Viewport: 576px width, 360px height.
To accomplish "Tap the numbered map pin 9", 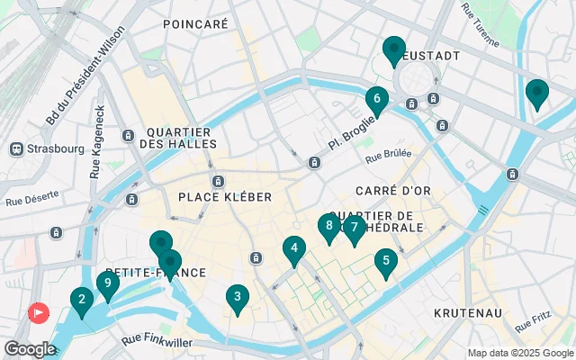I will (108, 284).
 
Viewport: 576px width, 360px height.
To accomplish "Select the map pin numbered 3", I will (237, 297).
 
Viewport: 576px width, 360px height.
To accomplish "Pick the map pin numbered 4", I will (293, 248).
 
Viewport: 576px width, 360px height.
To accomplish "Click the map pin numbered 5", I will (386, 262).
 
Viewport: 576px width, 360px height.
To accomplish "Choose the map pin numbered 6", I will (377, 99).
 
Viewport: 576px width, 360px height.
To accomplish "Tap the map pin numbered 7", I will (355, 228).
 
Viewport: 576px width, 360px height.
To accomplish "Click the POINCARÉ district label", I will (196, 25).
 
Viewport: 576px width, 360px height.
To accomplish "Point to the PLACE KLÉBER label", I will (225, 196).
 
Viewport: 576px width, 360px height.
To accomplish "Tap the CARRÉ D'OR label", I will (390, 191).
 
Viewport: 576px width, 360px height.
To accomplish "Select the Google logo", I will (30, 348).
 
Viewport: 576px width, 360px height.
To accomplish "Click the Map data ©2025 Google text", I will (520, 353).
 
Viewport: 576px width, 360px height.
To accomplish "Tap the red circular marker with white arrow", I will (39, 313).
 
